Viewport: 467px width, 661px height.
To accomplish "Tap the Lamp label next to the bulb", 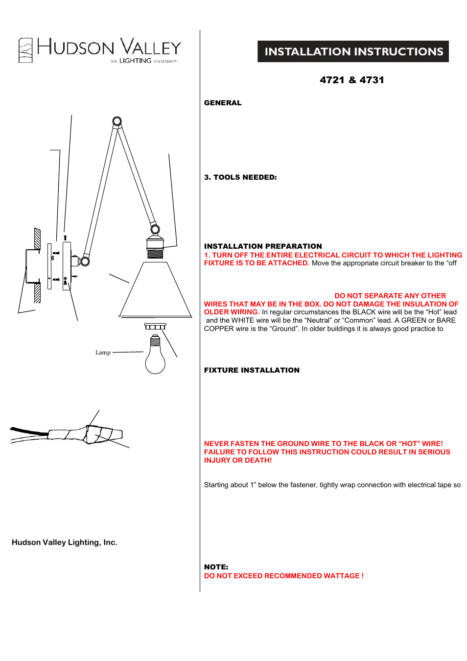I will click(x=103, y=353).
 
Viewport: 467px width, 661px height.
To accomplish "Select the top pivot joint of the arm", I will click(x=117, y=121).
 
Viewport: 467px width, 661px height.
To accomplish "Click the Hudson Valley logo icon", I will click(x=25, y=50).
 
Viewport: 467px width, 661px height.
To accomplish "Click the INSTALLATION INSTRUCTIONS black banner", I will click(x=353, y=51).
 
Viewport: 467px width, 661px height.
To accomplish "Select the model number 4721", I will click(x=332, y=80).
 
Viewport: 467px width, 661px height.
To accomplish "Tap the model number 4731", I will click(x=372, y=80).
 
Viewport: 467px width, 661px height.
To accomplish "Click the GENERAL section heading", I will click(x=223, y=103).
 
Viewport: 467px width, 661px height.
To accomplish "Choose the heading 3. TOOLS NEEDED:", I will click(x=240, y=177).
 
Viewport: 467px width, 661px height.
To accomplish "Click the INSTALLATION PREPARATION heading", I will click(x=263, y=246).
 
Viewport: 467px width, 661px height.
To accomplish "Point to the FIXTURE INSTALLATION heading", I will click(x=252, y=370).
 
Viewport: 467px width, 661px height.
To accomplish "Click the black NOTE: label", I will click(x=216, y=567).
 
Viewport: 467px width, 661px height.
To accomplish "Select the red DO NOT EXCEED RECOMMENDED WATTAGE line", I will click(x=283, y=576).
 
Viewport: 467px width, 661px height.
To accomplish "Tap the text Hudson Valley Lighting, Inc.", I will click(x=65, y=543).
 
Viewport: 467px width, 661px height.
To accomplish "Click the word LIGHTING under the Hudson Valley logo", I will click(x=135, y=61).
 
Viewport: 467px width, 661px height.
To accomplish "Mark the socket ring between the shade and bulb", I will click(x=155, y=327).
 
